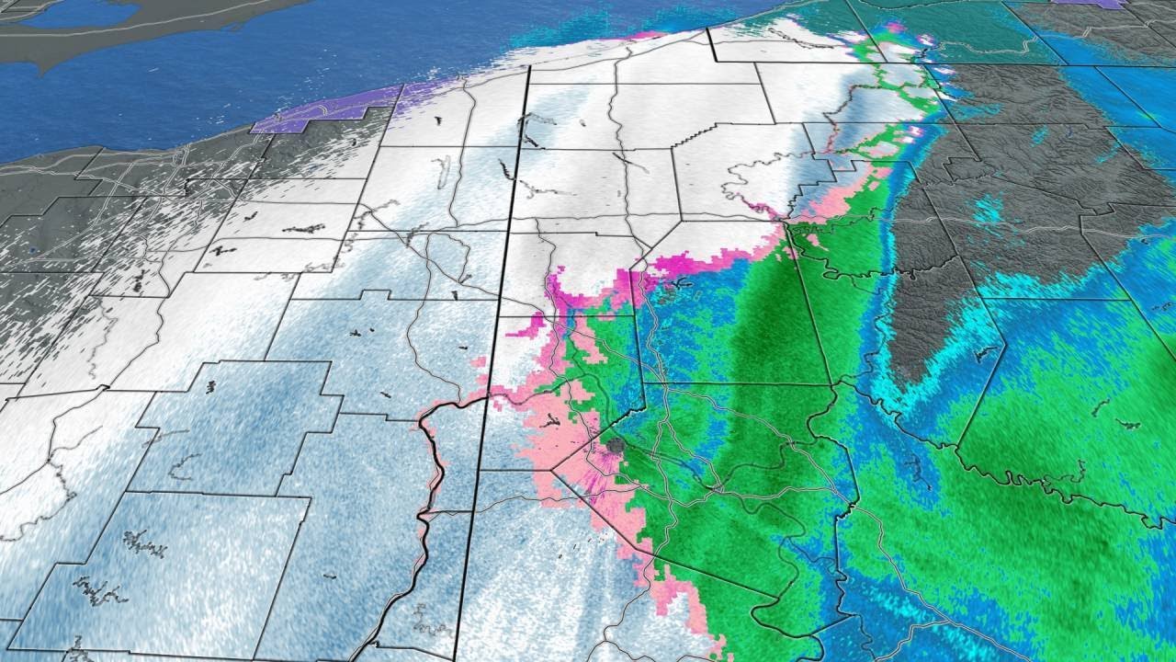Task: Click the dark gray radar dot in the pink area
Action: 614,447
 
